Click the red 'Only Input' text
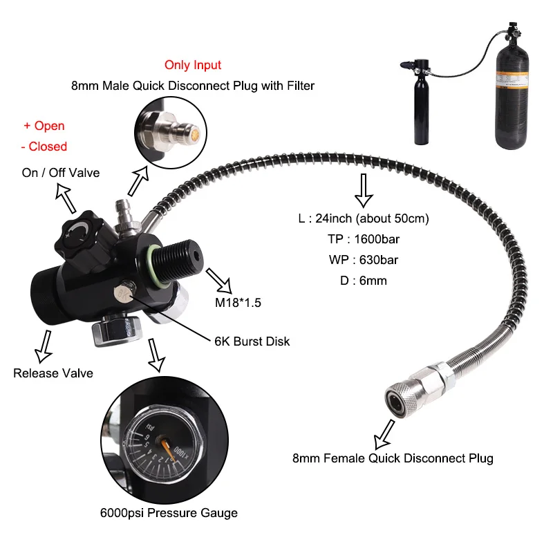point(193,65)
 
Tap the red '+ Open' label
point(44,126)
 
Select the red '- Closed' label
point(44,147)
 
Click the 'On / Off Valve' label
point(61,173)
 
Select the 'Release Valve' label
point(53,373)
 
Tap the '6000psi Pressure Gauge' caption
point(169,513)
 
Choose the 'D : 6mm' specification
point(362,281)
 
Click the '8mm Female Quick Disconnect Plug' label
point(393,458)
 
